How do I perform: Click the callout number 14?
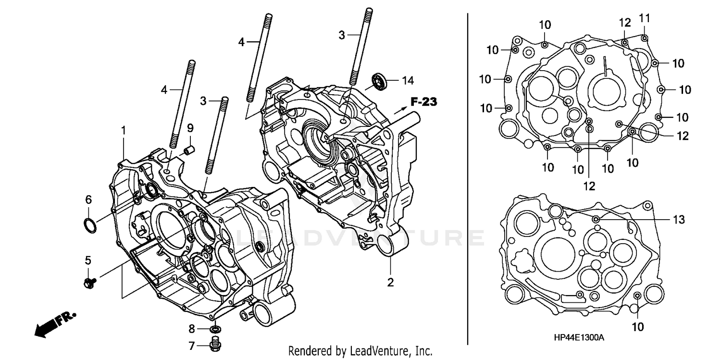[x=408, y=80]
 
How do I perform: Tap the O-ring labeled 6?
[x=89, y=224]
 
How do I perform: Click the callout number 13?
[x=678, y=219]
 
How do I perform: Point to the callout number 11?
[x=644, y=18]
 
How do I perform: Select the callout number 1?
[x=124, y=130]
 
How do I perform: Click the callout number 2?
[x=390, y=283]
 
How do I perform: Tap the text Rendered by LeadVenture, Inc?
[x=360, y=351]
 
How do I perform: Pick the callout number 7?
[x=191, y=345]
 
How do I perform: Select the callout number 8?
[x=191, y=329]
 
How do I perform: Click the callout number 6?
[x=88, y=199]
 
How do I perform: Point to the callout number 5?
[x=88, y=260]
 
